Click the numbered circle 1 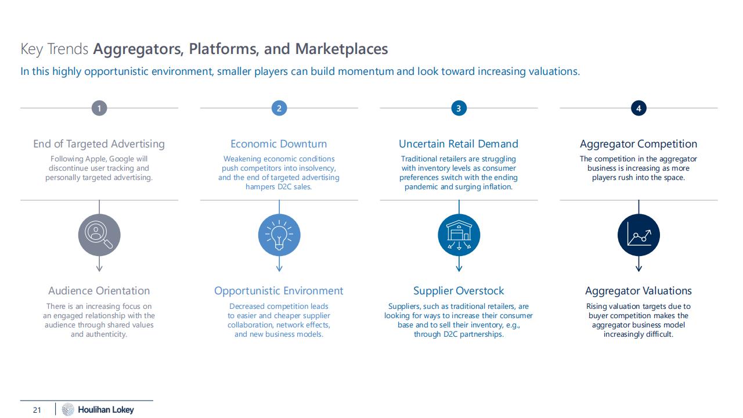coord(99,108)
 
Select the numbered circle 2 coord(279,108)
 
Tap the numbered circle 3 coord(459,108)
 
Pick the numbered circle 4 coord(639,108)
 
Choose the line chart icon coord(639,235)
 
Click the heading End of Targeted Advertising coord(99,144)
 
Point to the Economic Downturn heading coord(279,144)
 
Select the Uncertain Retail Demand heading coord(459,144)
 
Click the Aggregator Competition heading coord(639,144)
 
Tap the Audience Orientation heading coord(99,291)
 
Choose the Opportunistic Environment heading coord(279,291)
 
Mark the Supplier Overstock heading coord(459,291)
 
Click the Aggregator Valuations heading coord(639,291)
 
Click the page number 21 coord(37,410)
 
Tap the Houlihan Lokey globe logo coord(68,409)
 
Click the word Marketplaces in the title coord(341,49)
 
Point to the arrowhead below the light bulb coord(279,268)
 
